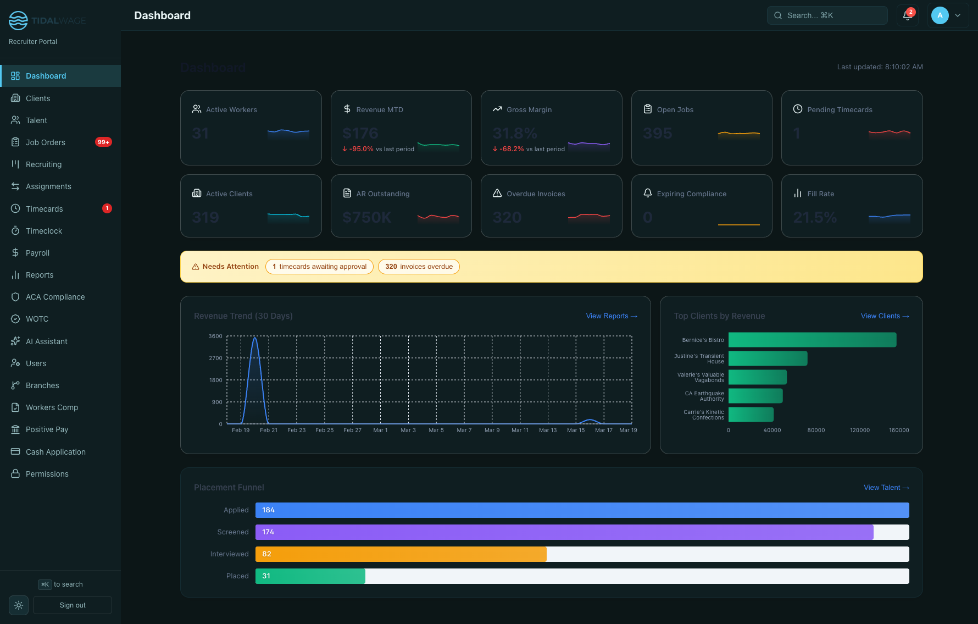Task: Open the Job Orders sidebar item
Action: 45,142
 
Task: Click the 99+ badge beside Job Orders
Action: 103,142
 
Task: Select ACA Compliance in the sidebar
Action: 55,297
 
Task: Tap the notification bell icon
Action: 907,15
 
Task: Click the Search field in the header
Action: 827,15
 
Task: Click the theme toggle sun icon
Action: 19,605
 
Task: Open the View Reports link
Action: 611,316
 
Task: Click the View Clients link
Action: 885,316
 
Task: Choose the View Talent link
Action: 886,488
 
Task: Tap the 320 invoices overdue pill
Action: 419,267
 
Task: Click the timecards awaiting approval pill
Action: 319,267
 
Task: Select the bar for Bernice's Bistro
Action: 812,340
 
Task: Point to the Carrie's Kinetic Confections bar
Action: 751,415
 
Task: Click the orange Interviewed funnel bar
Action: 401,554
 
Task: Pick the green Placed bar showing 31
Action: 310,576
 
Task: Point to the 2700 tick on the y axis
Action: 215,358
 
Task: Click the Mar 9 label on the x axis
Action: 492,430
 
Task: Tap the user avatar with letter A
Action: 940,15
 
